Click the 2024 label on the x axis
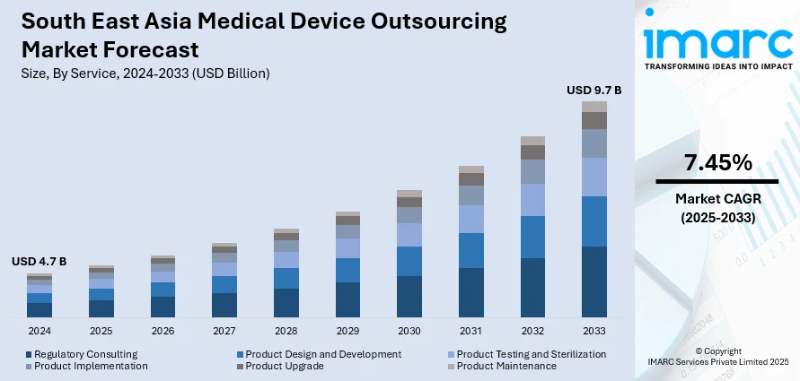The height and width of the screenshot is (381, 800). (40, 331)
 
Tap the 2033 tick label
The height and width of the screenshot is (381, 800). (593, 331)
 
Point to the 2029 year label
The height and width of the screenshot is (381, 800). (347, 331)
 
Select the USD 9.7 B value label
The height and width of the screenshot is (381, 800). (593, 90)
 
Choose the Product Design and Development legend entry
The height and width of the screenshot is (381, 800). (323, 354)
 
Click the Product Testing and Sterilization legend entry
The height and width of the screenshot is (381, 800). (531, 354)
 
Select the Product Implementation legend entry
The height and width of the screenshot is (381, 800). (91, 366)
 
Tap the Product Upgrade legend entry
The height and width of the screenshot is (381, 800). (278, 366)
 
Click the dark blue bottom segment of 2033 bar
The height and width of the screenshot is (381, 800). (593, 281)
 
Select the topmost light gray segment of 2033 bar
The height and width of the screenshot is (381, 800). (593, 107)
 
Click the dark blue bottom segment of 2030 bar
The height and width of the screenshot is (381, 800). (409, 297)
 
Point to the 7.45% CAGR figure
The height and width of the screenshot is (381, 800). (717, 162)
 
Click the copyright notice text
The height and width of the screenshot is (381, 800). (717, 356)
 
